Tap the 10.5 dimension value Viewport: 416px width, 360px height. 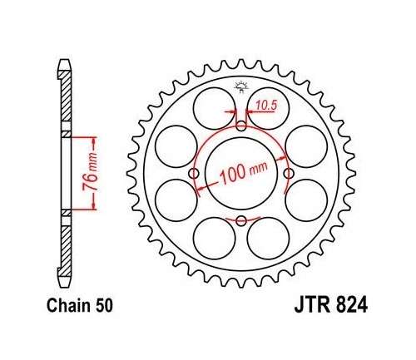(x=266, y=106)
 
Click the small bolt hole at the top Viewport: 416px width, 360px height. (x=241, y=126)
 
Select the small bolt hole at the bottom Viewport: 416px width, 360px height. (x=241, y=220)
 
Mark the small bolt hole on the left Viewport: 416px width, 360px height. (x=194, y=173)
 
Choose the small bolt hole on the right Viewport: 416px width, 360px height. (x=289, y=173)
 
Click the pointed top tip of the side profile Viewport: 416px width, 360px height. (x=65, y=60)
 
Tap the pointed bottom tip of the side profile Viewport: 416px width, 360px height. (x=65, y=287)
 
